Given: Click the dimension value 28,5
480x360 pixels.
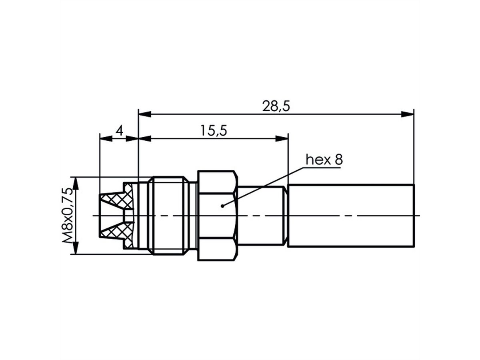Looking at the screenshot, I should (276, 106).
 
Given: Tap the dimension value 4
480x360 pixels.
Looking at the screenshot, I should (118, 131).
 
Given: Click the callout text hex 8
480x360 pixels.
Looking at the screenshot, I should (324, 160).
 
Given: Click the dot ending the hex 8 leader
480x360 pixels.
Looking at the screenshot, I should (222, 206).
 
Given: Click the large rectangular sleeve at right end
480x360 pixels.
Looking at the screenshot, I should (351, 216).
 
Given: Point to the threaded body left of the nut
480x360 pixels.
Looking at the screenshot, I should (168, 216).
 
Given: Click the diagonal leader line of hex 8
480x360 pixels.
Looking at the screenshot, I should (264, 186).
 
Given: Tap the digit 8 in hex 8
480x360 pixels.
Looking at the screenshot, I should (339, 160).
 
